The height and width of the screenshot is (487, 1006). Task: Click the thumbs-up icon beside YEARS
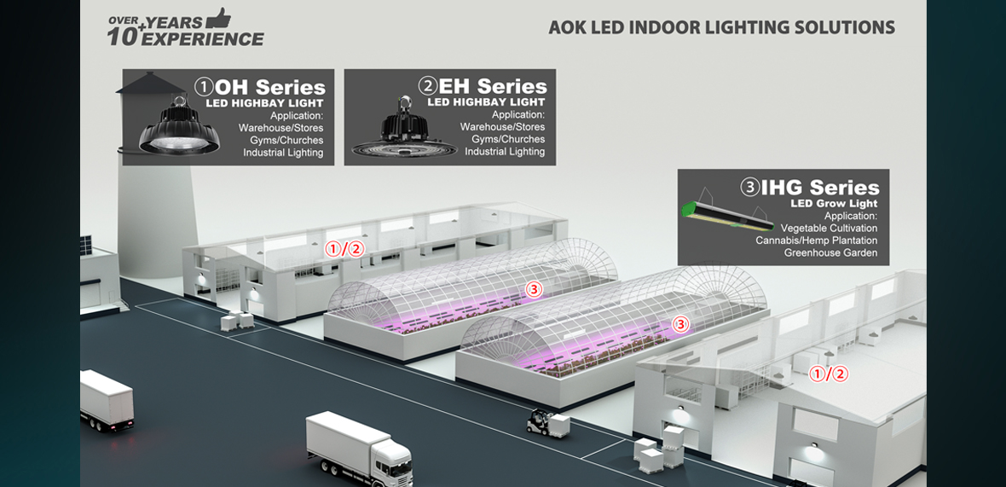[219, 18]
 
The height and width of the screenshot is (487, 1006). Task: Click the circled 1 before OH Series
[204, 87]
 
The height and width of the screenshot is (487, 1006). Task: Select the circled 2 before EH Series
[427, 87]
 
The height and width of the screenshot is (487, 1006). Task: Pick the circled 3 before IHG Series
[749, 188]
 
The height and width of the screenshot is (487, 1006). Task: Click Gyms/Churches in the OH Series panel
[286, 140]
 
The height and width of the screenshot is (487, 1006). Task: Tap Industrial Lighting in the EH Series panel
[505, 152]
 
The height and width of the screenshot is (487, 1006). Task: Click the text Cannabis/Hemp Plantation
[816, 241]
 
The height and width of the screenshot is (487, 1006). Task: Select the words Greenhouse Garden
[830, 252]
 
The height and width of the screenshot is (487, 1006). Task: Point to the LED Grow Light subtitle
[835, 204]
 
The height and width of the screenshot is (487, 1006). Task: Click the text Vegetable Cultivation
[829, 229]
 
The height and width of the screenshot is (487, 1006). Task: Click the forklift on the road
[540, 420]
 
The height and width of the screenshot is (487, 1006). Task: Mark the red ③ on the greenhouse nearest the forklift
[679, 324]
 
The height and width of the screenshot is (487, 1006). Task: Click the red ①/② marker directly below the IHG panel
[828, 374]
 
